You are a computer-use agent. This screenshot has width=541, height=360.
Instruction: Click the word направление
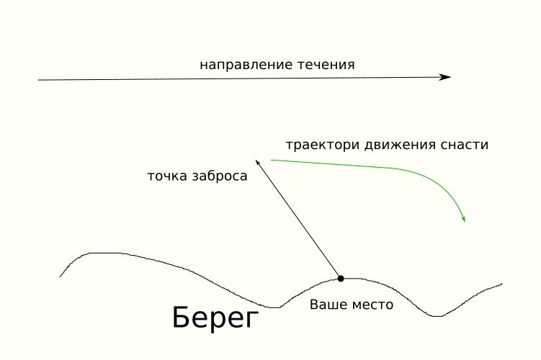pyautogui.click(x=246, y=66)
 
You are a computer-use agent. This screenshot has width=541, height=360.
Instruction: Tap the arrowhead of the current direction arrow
pyautogui.click(x=447, y=77)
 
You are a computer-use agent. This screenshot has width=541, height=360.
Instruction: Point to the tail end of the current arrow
pyautogui.click(x=38, y=80)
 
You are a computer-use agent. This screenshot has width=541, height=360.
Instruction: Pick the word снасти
pyautogui.click(x=465, y=145)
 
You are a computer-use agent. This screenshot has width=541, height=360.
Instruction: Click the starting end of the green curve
pyautogui.click(x=271, y=160)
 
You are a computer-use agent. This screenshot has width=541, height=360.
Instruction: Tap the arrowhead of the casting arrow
pyautogui.click(x=257, y=163)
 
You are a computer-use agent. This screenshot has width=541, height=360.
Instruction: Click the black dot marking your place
pyautogui.click(x=341, y=278)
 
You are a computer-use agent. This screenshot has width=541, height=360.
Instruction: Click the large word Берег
pyautogui.click(x=215, y=318)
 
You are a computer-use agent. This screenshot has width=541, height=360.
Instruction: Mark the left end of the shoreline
pyautogui.click(x=60, y=276)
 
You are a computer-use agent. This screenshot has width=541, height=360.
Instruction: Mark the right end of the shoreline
pyautogui.click(x=501, y=284)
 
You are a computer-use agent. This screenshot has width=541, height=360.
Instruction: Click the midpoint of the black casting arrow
pyautogui.click(x=298, y=219)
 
